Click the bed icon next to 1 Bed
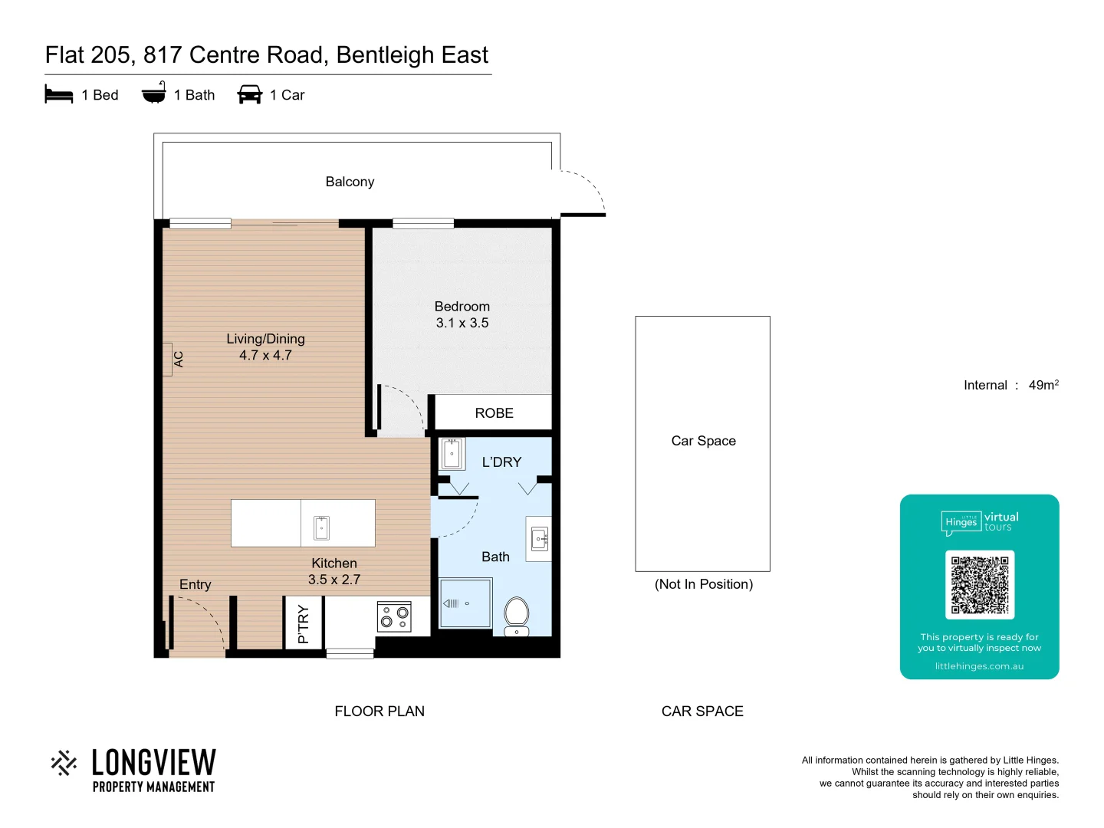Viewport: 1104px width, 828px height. point(59,94)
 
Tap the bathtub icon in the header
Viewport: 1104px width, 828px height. point(153,93)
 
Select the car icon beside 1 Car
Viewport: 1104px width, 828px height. point(250,94)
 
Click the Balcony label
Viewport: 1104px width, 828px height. point(350,182)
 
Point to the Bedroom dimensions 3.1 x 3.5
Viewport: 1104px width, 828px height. point(462,323)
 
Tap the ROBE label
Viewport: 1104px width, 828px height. point(494,413)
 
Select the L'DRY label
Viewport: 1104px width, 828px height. point(501,462)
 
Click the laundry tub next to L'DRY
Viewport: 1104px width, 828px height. point(452,454)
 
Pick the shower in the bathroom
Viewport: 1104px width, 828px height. point(465,603)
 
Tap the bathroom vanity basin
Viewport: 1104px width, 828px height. point(540,539)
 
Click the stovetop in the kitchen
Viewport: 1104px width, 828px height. point(394,616)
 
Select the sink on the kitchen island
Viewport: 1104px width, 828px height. point(321,527)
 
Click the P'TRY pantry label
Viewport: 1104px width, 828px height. point(303,624)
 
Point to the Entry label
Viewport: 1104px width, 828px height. point(195,584)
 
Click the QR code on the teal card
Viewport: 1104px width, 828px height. point(980,584)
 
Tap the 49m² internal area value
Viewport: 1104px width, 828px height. point(1043,385)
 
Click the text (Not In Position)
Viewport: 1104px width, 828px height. point(703,584)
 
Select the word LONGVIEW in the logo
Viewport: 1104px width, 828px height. point(153,763)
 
